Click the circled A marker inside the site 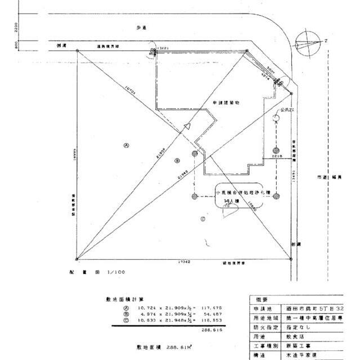[x=127, y=145]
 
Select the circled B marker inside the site [x=176, y=160]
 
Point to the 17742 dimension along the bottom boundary [x=184, y=262]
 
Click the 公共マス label [x=288, y=110]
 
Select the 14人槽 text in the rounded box [x=231, y=201]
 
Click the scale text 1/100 [x=116, y=272]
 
